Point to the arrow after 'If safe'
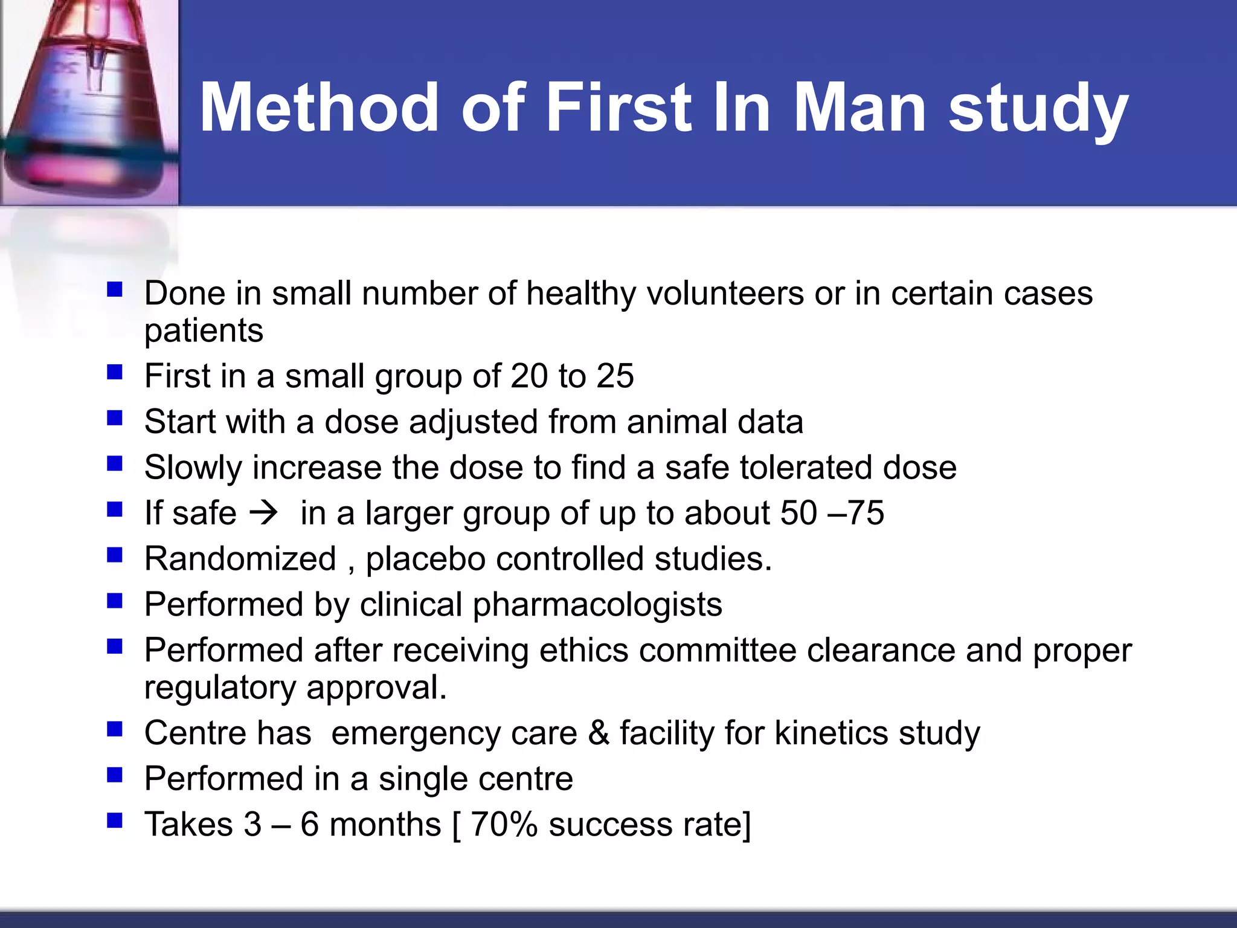[x=264, y=513]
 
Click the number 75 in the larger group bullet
[x=866, y=513]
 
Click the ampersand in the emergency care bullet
[x=598, y=733]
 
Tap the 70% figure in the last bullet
[x=503, y=825]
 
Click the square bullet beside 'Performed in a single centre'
[x=115, y=775]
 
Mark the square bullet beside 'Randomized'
[x=115, y=555]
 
